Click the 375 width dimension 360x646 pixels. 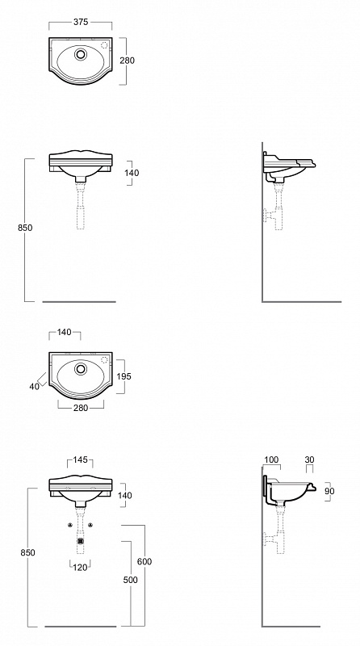click(81, 22)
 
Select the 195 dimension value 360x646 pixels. click(124, 376)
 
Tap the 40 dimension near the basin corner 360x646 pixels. click(34, 387)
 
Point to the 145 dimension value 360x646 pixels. click(81, 459)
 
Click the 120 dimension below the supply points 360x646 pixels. click(80, 568)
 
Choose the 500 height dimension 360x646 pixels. click(131, 580)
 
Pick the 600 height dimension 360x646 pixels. click(144, 561)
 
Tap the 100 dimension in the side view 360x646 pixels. click(271, 459)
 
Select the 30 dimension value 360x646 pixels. click(310, 459)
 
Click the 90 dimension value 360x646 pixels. click(329, 491)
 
